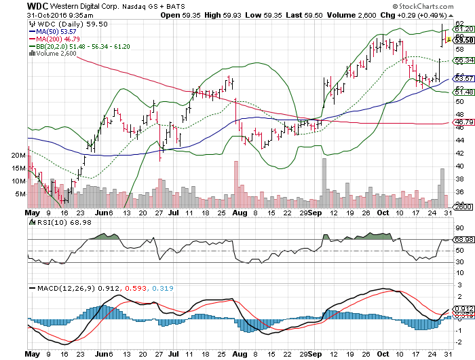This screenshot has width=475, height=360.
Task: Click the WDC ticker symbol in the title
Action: [x=39, y=5]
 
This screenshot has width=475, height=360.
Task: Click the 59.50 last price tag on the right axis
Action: [x=463, y=40]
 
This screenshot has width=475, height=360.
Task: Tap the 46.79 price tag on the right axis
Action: [x=463, y=122]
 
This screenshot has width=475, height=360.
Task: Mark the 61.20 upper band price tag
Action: [x=463, y=29]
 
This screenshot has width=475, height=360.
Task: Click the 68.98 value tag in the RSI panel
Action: [x=463, y=240]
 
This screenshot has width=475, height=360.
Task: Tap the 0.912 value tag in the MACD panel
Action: [x=463, y=309]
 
